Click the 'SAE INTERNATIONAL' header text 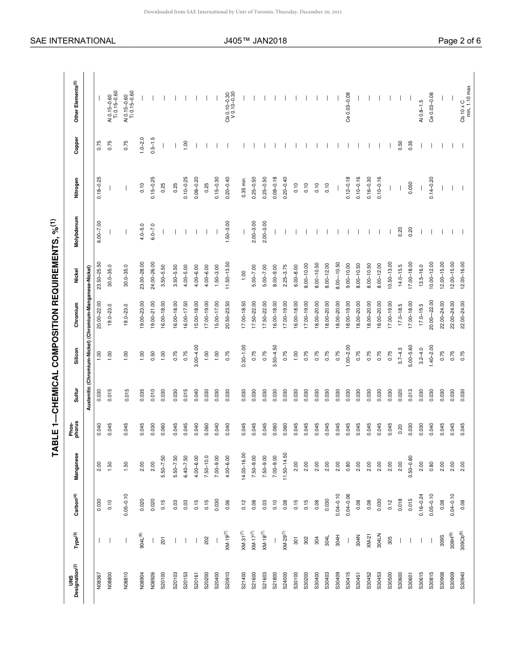tap(73, 41)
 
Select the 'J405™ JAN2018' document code tap(256, 41)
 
